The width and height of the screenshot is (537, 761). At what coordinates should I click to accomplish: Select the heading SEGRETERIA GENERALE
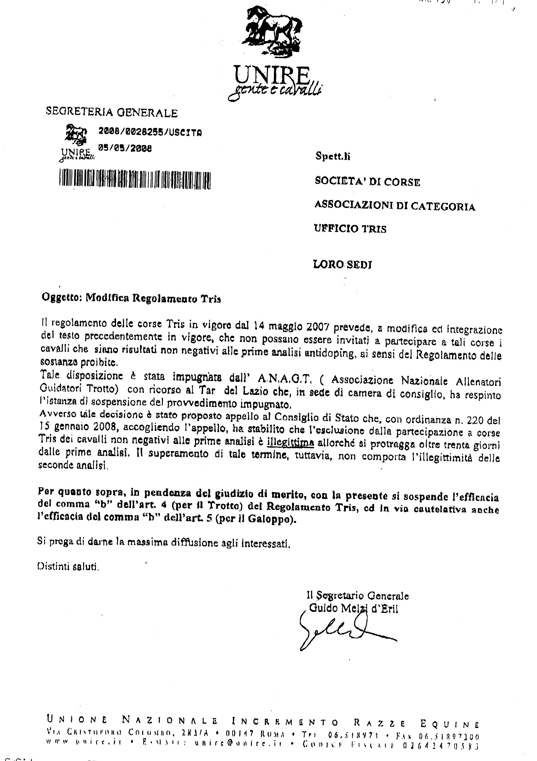pos(112,113)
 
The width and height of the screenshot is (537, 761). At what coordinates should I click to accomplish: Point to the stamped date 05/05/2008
pos(125,147)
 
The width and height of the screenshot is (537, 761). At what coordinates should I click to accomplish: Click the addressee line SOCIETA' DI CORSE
pos(367,181)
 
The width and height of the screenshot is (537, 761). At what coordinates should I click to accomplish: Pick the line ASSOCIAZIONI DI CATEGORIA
pos(394,207)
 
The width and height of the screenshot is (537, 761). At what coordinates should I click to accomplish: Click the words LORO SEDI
pos(343,265)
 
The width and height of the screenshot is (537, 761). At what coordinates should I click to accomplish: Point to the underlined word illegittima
pos(291,443)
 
